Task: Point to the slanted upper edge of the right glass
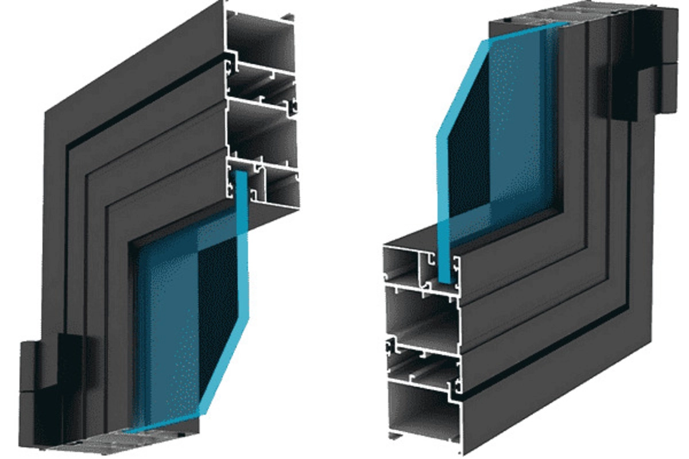click(459, 86)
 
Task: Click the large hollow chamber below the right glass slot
click(422, 316)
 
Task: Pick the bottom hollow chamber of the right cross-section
click(424, 413)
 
